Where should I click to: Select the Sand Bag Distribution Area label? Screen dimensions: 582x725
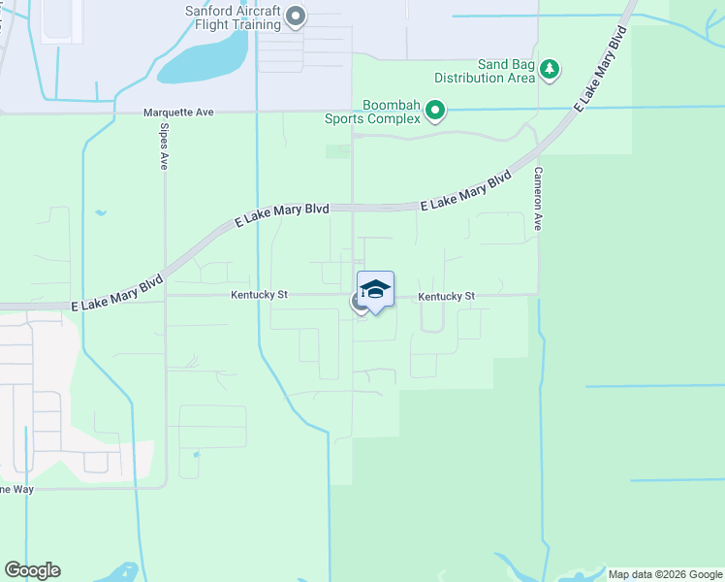pyautogui.click(x=485, y=70)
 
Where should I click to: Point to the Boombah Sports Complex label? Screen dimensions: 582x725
pyautogui.click(x=391, y=112)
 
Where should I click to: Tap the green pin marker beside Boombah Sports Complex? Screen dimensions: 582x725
pyautogui.click(x=435, y=112)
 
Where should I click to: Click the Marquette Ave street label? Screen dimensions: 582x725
pyautogui.click(x=178, y=113)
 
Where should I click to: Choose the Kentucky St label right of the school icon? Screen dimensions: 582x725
pyautogui.click(x=447, y=296)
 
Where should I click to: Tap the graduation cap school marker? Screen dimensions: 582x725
pyautogui.click(x=375, y=289)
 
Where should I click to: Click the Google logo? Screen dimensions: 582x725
pyautogui.click(x=33, y=570)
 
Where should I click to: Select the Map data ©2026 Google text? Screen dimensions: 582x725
pyautogui.click(x=664, y=574)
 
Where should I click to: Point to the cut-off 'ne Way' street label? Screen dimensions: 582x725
pyautogui.click(x=16, y=489)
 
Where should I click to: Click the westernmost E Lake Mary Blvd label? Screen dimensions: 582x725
pyautogui.click(x=116, y=293)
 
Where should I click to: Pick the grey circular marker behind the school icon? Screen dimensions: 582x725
pyautogui.click(x=359, y=303)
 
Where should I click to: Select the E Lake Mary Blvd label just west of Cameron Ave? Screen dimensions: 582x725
pyautogui.click(x=465, y=193)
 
